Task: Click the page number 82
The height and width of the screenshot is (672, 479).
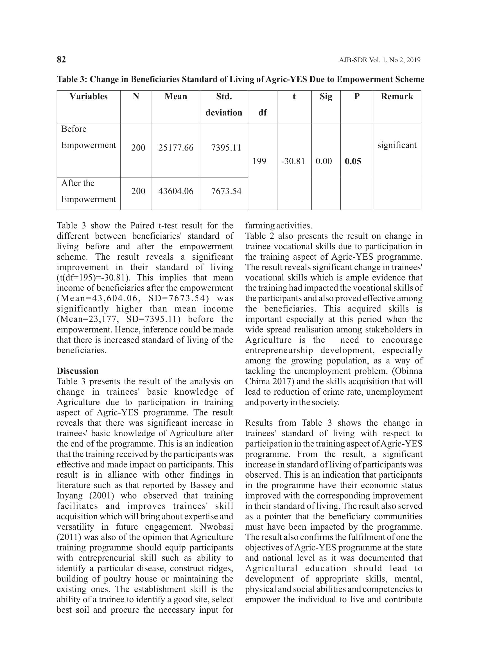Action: pyautogui.click(x=61, y=60)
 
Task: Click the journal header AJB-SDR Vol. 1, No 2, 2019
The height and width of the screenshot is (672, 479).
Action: pyautogui.click(x=379, y=60)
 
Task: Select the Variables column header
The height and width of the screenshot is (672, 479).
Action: pyautogui.click(x=89, y=96)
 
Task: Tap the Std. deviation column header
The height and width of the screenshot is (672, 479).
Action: pyautogui.click(x=224, y=104)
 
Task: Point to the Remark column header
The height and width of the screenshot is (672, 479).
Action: pyautogui.click(x=397, y=96)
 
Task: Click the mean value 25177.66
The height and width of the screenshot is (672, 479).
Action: pyautogui.click(x=176, y=148)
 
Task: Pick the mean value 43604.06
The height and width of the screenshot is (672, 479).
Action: pyautogui.click(x=176, y=191)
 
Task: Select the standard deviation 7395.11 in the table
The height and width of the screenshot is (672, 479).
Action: pyautogui.click(x=226, y=148)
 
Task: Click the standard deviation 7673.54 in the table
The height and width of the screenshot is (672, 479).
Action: pyautogui.click(x=226, y=191)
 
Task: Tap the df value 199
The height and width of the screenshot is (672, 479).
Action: pyautogui.click(x=259, y=161)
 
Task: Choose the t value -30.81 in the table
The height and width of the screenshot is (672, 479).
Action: pyautogui.click(x=293, y=161)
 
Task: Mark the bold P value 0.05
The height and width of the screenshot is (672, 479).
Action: pyautogui.click(x=353, y=161)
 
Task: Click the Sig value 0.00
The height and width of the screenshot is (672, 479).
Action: pyautogui.click(x=324, y=161)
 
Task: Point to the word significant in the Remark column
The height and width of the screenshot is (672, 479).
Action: pyautogui.click(x=397, y=145)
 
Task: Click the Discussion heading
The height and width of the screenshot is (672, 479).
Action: pyautogui.click(x=78, y=371)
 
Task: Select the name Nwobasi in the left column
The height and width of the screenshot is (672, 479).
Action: pyautogui.click(x=216, y=527)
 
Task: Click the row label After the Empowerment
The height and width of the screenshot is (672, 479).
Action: pyautogui.click(x=89, y=191)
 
